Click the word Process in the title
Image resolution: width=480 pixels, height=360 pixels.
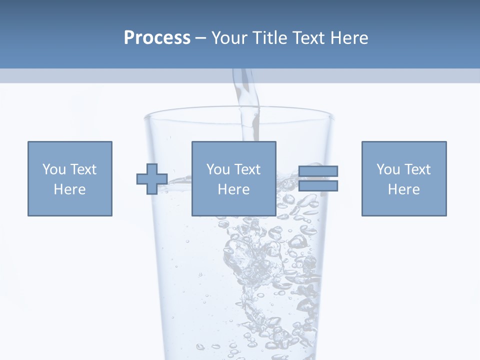157,38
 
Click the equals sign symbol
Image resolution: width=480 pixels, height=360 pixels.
318,178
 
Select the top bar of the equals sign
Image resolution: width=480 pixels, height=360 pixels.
318,171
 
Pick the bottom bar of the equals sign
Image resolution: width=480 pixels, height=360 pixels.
318,186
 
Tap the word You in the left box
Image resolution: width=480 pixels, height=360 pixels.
54,169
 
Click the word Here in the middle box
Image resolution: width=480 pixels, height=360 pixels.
234,189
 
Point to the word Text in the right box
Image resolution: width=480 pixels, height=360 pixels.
417,169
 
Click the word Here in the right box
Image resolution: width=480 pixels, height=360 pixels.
404,189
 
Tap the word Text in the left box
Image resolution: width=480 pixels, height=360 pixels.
83,169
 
